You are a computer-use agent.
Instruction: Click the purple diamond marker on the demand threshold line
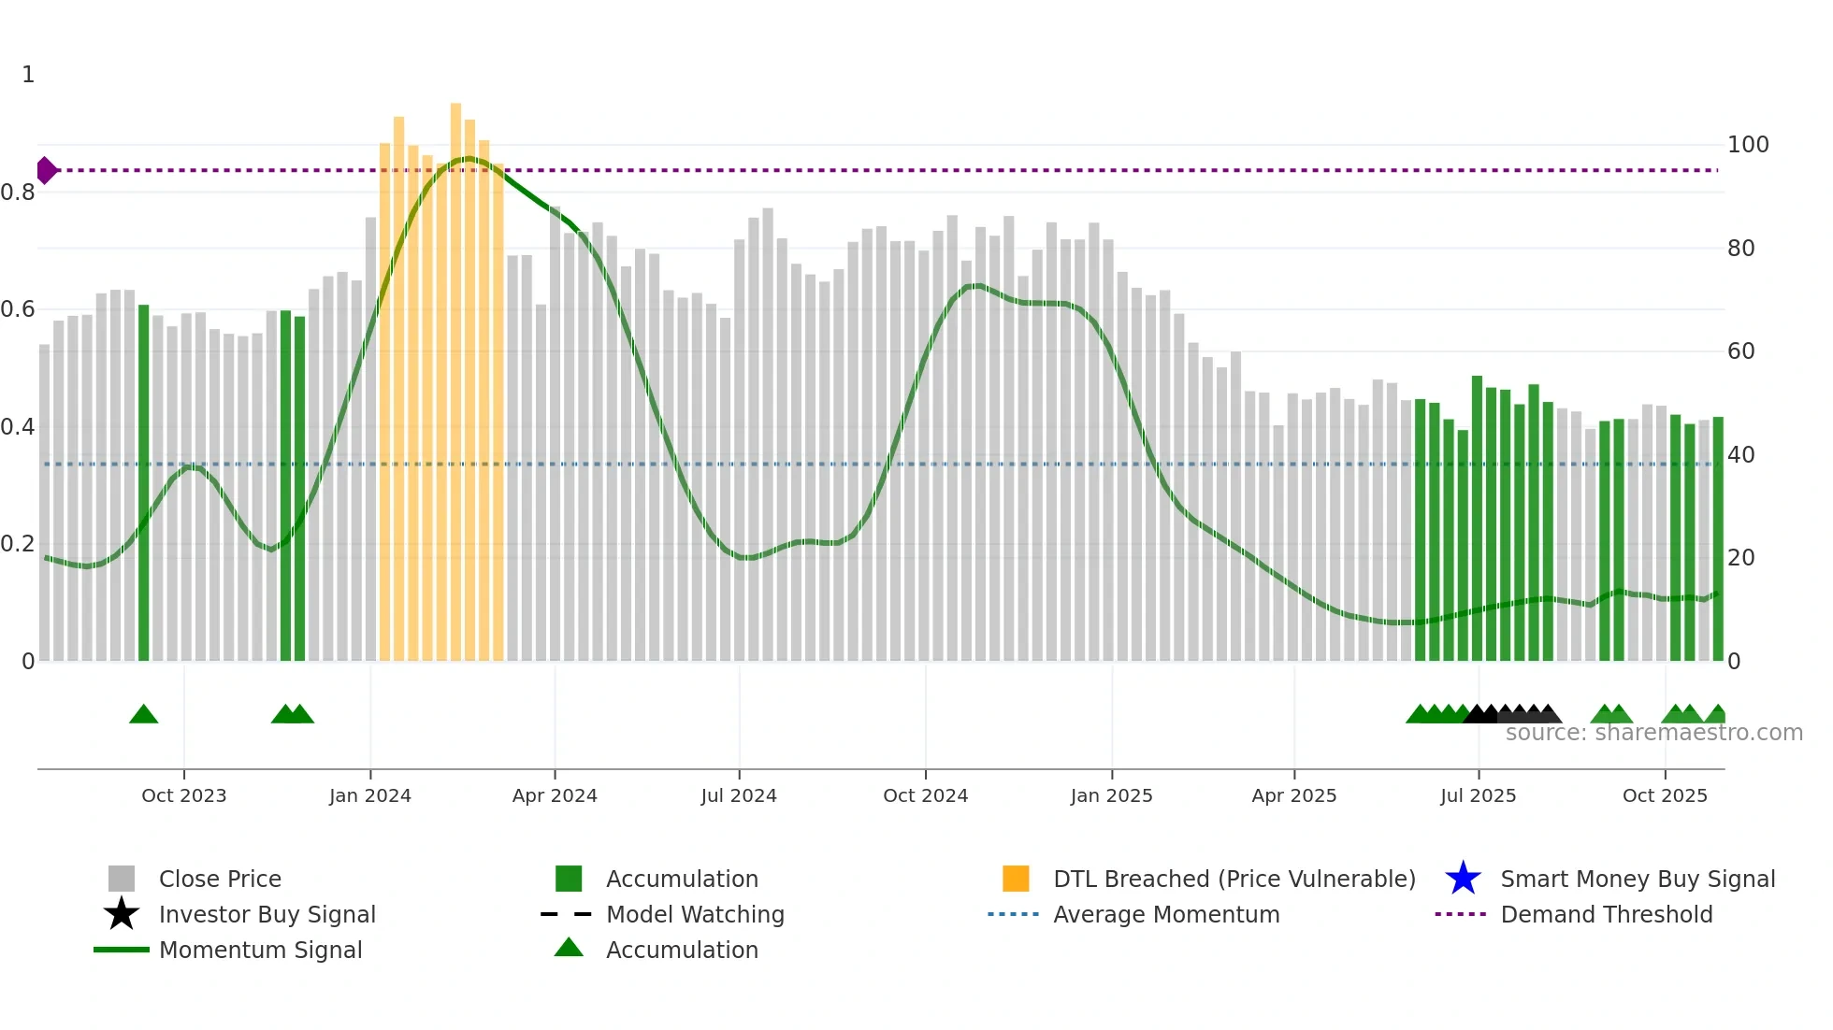[x=46, y=170]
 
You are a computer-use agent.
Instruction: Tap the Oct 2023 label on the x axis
[x=184, y=795]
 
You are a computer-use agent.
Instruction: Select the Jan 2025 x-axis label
[x=1111, y=795]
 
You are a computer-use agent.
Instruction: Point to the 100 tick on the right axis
[x=1747, y=145]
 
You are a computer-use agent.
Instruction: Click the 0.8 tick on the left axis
[x=18, y=193]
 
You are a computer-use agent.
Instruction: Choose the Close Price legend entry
[x=220, y=879]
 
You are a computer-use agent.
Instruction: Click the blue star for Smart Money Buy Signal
[x=1463, y=879]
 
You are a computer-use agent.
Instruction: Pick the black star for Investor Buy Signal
[x=122, y=914]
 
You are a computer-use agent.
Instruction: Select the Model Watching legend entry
[x=694, y=914]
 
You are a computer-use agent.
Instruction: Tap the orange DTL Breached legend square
[x=1016, y=879]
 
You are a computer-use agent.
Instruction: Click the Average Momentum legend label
[x=1166, y=914]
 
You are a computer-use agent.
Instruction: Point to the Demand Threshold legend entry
[x=1606, y=914]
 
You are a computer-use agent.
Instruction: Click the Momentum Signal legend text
[x=260, y=950]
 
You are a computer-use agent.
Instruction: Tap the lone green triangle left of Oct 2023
[x=143, y=715]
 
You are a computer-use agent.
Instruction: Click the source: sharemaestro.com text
[x=1653, y=733]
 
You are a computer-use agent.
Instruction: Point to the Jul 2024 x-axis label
[x=739, y=795]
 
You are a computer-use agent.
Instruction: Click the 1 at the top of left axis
[x=28, y=75]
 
